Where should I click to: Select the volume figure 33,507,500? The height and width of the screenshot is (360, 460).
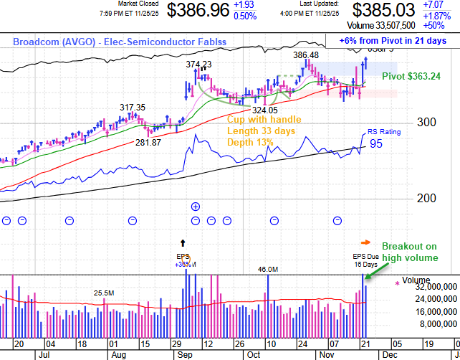pos(386,26)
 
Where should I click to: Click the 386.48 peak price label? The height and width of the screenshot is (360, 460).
pos(306,55)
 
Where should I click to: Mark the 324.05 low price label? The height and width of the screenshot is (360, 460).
pos(263,110)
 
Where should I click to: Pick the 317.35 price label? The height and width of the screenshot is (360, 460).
pos(133,108)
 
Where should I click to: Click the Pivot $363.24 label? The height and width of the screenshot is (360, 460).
pos(411,76)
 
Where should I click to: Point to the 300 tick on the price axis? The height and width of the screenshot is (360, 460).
pos(427,122)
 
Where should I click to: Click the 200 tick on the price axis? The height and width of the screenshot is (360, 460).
pos(427,198)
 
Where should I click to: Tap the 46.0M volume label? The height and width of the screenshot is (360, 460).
pos(269,270)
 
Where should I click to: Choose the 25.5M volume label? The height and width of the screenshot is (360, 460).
pos(103,292)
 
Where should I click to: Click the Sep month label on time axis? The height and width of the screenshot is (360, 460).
pos(183,354)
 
